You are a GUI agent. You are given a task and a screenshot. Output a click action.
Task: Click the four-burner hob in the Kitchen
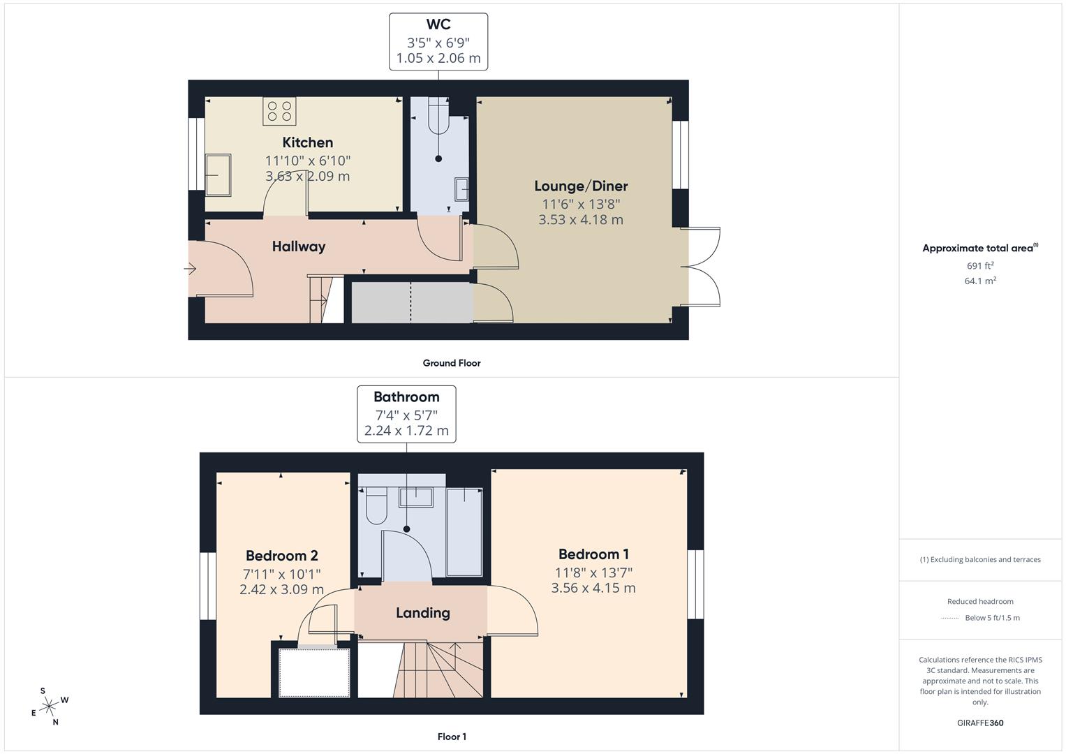pyautogui.click(x=279, y=111)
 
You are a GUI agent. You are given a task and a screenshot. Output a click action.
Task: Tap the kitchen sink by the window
pyautogui.click(x=218, y=175)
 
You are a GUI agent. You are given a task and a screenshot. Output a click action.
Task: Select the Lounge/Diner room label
pyautogui.click(x=581, y=186)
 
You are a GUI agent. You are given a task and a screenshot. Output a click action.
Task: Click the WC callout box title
pyautogui.click(x=438, y=25)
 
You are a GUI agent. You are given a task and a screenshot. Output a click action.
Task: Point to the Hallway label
pyautogui.click(x=299, y=246)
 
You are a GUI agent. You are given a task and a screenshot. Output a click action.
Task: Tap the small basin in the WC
pyautogui.click(x=461, y=188)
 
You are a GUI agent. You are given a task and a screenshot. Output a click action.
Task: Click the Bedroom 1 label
pyautogui.click(x=593, y=554)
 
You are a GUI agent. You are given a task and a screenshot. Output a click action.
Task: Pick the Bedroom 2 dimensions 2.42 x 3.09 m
pyautogui.click(x=281, y=589)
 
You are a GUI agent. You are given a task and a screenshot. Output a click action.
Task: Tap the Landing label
pyautogui.click(x=422, y=613)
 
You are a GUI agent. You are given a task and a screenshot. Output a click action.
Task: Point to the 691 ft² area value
pyautogui.click(x=980, y=265)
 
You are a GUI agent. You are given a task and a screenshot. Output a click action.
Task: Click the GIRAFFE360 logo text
pyautogui.click(x=980, y=723)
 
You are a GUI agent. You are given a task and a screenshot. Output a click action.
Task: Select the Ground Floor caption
pyautogui.click(x=452, y=363)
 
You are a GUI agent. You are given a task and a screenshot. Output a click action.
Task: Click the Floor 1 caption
pyautogui.click(x=452, y=737)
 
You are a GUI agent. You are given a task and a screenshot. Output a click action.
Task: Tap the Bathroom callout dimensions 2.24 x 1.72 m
pyautogui.click(x=406, y=431)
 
